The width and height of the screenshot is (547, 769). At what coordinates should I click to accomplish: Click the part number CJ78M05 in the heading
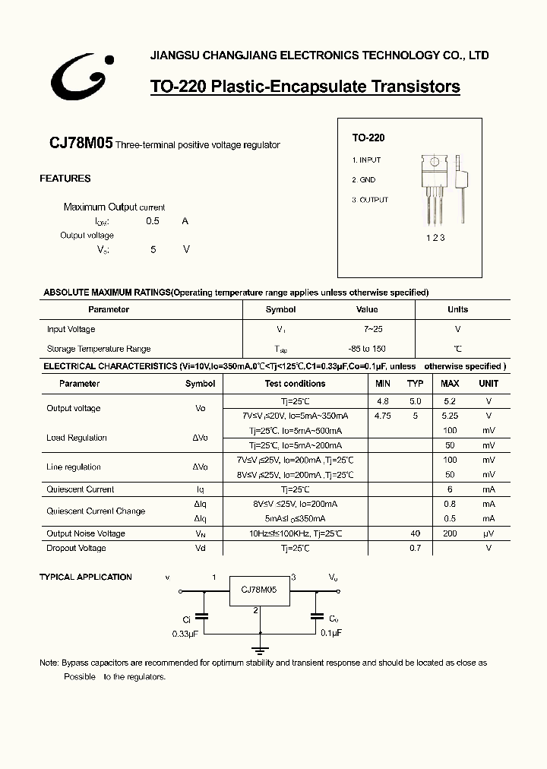tap(81, 143)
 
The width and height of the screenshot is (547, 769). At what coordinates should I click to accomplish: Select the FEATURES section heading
tap(65, 179)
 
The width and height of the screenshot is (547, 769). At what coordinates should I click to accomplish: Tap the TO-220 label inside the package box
tap(368, 138)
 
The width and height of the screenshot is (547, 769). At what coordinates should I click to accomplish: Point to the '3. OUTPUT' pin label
tap(370, 200)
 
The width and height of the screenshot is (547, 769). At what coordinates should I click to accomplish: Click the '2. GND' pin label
tap(364, 180)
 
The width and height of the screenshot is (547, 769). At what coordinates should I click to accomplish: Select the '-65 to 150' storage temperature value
tap(367, 349)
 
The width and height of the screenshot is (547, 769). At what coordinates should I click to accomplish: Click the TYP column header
tap(415, 384)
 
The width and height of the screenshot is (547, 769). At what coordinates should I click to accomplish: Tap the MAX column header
tap(450, 384)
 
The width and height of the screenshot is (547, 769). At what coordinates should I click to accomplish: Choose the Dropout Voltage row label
tap(76, 548)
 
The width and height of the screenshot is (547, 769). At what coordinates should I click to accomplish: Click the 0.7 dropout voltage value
tap(415, 548)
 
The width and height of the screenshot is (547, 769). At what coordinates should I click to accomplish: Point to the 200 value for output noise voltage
tap(450, 533)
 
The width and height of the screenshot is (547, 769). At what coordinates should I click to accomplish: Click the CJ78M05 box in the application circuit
tap(258, 590)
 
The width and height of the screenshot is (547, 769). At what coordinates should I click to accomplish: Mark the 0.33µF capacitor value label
tap(185, 632)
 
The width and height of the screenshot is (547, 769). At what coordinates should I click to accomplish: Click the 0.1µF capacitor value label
tap(330, 632)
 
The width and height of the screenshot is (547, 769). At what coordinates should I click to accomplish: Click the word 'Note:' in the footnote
tap(49, 663)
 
